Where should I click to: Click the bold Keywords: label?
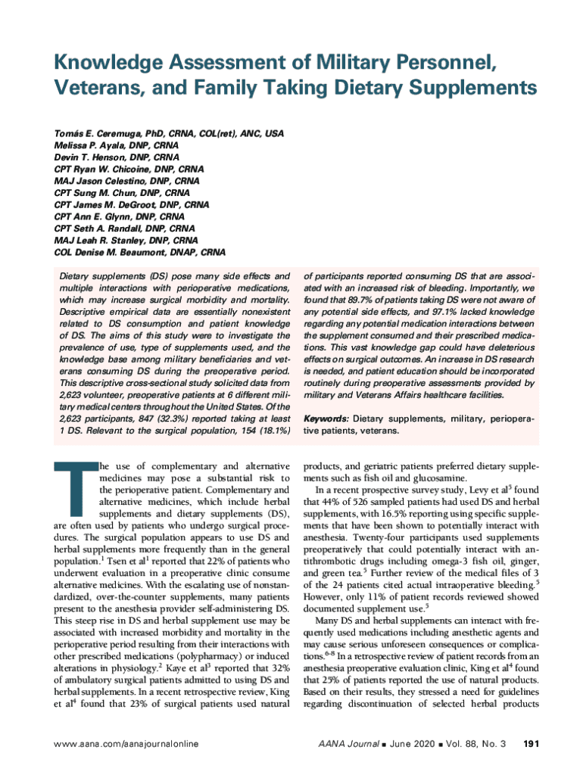coord(326,419)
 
